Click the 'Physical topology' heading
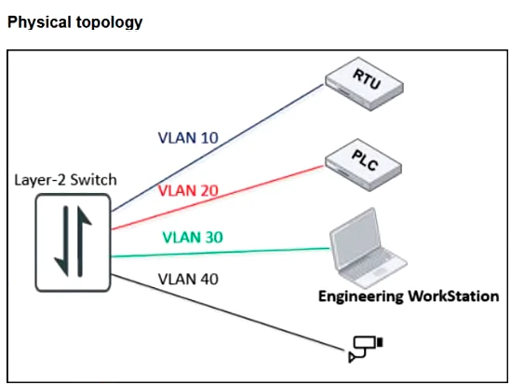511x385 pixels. point(74,21)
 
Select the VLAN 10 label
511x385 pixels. point(186,138)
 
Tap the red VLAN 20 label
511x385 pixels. point(189,190)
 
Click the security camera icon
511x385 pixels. point(364,347)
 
